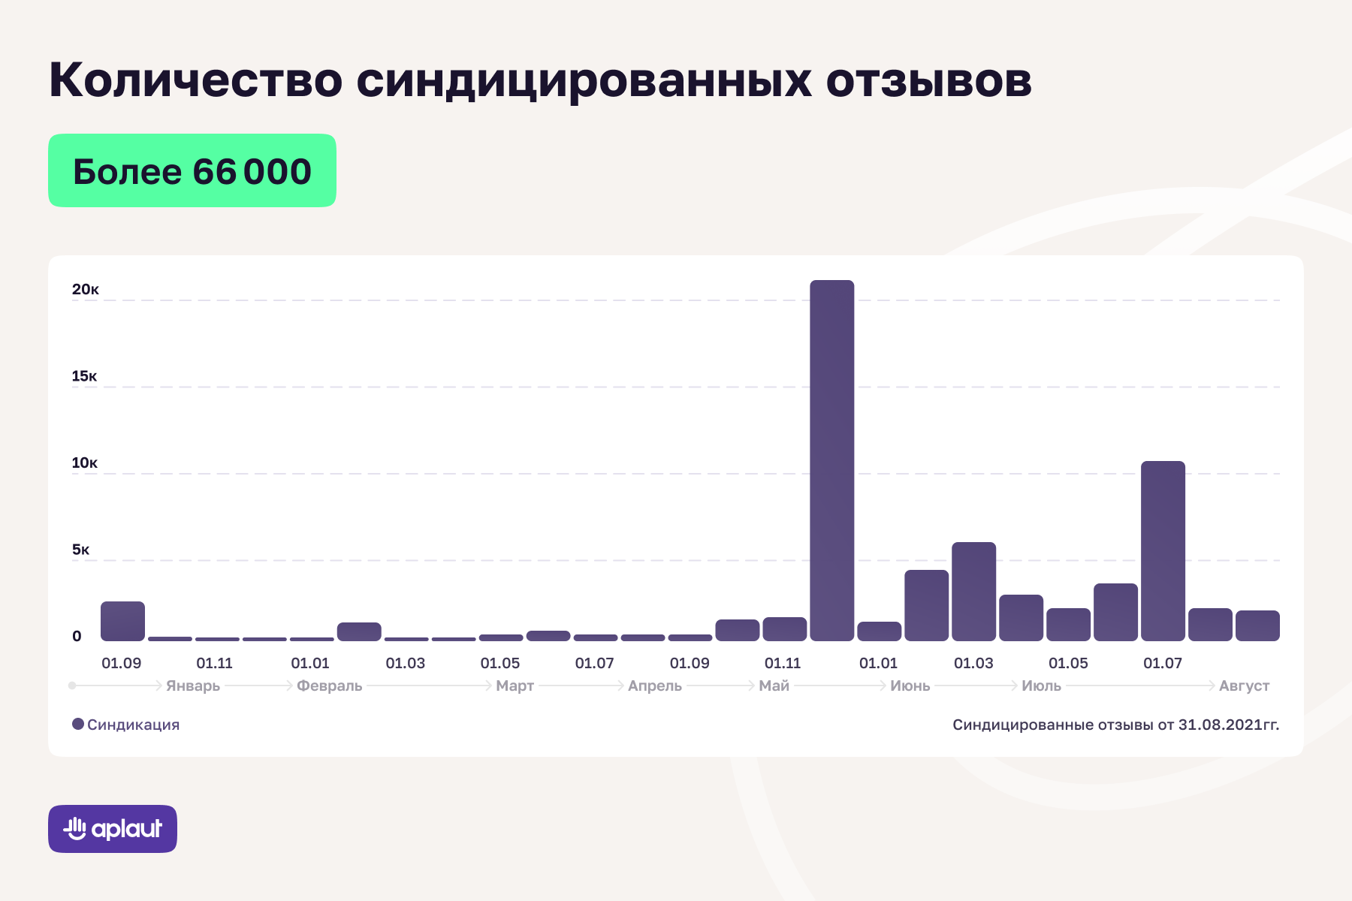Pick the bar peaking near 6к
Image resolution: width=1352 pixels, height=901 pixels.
tap(973, 591)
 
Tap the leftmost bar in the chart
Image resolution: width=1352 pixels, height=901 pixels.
tap(122, 621)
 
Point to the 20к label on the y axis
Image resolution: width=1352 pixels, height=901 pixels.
tap(85, 290)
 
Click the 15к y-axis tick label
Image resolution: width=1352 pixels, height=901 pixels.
tap(84, 376)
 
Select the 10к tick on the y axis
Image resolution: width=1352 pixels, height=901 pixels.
tap(84, 463)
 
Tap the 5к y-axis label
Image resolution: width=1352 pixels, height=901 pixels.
tap(80, 550)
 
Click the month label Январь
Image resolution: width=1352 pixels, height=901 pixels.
tap(193, 686)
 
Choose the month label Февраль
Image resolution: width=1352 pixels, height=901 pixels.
tap(329, 686)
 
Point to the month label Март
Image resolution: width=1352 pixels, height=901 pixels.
tap(515, 686)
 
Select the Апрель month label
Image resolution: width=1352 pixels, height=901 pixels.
tap(654, 686)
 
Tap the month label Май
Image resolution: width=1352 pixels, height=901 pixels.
tap(774, 686)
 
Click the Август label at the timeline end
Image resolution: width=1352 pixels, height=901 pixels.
tap(1244, 686)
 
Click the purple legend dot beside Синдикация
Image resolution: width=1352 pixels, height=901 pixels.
tap(78, 725)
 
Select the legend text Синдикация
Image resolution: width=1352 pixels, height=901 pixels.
tap(133, 725)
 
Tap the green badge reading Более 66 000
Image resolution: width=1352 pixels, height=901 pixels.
tap(192, 170)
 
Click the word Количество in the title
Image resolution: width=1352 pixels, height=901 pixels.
tap(195, 80)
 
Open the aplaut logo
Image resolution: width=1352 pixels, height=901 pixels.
tap(113, 829)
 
